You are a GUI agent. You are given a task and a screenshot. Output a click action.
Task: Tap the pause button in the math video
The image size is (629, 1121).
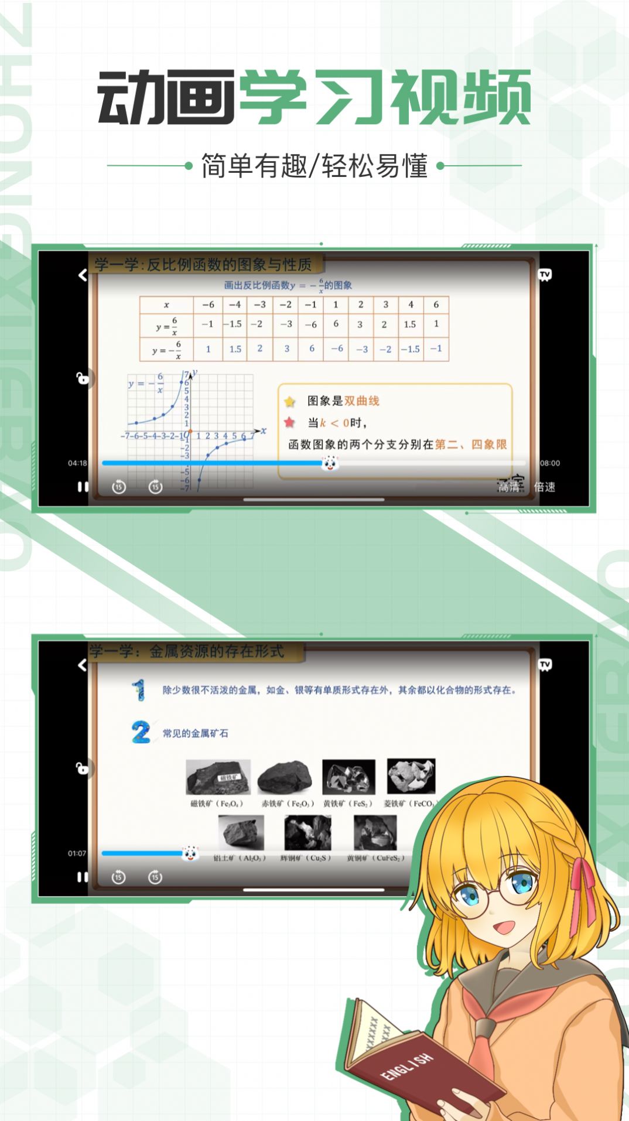point(83,487)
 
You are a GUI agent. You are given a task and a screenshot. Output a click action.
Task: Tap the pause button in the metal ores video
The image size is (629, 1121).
point(83,877)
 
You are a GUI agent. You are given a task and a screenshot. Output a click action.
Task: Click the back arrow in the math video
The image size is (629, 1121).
point(83,275)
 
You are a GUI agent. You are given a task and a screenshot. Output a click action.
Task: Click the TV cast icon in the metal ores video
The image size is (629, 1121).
point(545,665)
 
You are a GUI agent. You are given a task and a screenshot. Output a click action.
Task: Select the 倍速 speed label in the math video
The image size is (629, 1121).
point(545,487)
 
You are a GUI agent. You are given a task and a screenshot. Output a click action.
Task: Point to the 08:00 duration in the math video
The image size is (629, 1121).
point(550,463)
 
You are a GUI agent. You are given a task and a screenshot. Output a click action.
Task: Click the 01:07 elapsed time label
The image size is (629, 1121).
point(77,853)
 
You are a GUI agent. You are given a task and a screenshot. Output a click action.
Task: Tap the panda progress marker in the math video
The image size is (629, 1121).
point(330,463)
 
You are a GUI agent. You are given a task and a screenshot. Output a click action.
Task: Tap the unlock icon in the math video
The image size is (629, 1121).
point(83,378)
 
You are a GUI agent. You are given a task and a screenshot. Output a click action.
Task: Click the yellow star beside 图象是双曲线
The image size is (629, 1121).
point(290,401)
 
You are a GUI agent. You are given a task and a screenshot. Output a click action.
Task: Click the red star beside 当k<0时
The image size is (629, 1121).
point(290,422)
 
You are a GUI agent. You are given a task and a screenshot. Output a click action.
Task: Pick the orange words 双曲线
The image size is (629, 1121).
point(361,401)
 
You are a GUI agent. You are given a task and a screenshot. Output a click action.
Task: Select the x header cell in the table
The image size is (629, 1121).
point(166,305)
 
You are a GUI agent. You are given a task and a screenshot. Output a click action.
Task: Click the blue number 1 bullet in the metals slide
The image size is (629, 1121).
point(139,690)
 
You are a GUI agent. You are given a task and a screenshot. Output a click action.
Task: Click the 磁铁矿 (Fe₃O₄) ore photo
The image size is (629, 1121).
point(218,777)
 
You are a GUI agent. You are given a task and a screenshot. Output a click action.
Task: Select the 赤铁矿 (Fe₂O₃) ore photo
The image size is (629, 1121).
point(285,777)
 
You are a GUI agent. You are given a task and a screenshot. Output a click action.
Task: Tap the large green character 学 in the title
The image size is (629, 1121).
point(273,97)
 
